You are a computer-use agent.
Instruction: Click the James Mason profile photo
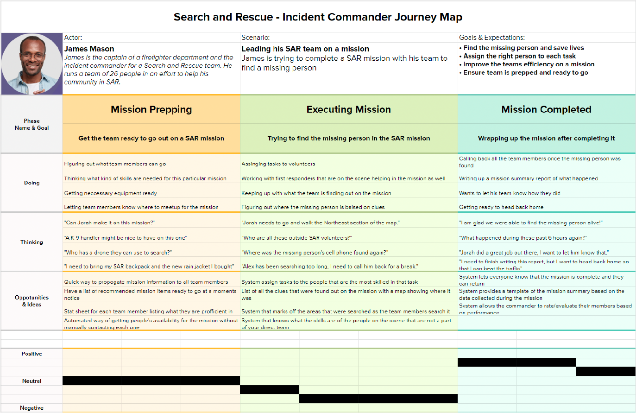point(32,64)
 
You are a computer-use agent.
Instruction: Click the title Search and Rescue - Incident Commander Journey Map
point(318,17)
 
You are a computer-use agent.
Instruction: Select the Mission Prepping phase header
point(151,109)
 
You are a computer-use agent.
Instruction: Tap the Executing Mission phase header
point(348,109)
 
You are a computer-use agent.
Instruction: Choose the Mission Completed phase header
point(546,109)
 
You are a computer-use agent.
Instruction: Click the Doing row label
point(31,183)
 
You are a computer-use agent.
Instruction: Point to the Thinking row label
point(31,242)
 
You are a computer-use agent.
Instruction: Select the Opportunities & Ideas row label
point(31,301)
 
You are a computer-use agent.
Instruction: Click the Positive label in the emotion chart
point(31,354)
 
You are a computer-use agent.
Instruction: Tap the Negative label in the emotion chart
point(31,408)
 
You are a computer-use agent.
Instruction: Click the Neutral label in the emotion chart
point(31,381)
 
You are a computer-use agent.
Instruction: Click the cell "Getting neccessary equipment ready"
point(111,193)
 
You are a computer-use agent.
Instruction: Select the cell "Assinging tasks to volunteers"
point(278,164)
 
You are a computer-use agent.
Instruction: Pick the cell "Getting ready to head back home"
point(501,207)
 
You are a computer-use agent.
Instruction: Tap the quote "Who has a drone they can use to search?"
point(118,253)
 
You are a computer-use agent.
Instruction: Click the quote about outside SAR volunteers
point(297,238)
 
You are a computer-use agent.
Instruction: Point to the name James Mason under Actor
point(89,49)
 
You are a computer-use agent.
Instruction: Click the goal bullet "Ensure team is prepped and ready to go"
point(525,72)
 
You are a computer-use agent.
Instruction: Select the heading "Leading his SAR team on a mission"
point(305,49)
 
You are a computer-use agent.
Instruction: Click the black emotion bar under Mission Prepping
point(151,381)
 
